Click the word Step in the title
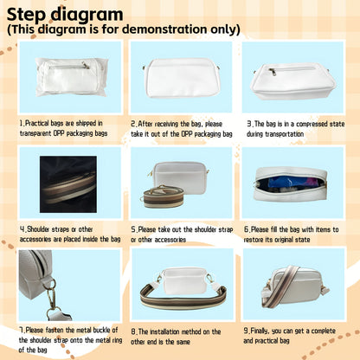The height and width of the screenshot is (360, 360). [x=27, y=15]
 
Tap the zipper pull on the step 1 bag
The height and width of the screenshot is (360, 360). [x=86, y=66]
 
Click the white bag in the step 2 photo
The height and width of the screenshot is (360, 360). [x=183, y=78]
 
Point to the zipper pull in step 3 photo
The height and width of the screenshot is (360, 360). [x=273, y=72]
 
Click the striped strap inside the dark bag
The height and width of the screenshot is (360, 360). [x=69, y=188]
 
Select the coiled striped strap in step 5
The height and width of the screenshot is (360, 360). [x=163, y=197]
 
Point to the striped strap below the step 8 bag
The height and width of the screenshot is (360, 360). [x=183, y=297]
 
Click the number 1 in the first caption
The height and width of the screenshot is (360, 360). [x=22, y=123]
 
